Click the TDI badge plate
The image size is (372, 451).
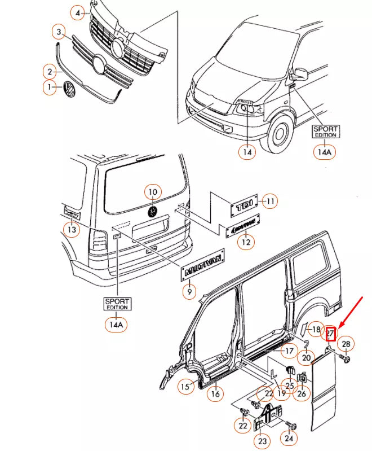(244, 206)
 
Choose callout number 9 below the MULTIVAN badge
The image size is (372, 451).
(189, 292)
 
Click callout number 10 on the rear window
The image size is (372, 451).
(152, 192)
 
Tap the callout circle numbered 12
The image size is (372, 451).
(245, 242)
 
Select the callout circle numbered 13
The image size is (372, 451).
(71, 229)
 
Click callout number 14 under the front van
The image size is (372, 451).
(246, 151)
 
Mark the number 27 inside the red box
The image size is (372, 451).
(331, 334)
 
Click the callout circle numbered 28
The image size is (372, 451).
(346, 344)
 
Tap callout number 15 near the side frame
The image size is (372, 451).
(185, 387)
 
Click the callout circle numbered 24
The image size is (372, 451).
(290, 436)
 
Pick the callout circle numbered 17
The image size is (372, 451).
(289, 351)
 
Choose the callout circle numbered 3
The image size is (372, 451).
(59, 31)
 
